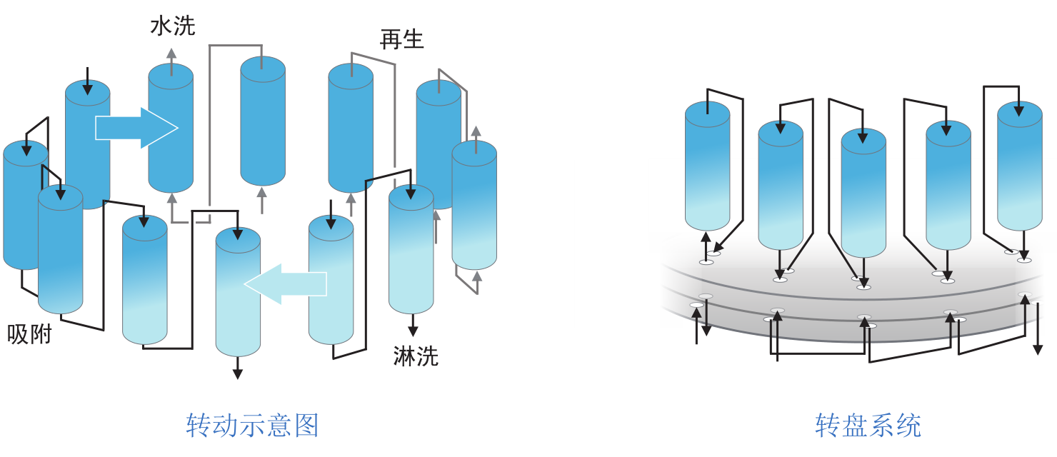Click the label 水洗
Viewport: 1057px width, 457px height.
pos(172,26)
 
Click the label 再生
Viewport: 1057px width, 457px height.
pos(402,39)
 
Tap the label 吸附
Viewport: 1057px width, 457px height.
pos(30,333)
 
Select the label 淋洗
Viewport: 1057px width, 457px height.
pos(416,356)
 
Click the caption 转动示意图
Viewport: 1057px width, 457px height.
pos(252,426)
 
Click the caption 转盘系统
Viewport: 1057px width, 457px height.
pos(868,426)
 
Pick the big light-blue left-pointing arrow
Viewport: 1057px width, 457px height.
pos(285,283)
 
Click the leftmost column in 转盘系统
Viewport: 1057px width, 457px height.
pos(707,166)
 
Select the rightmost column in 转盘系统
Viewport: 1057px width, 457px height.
pos(1019,166)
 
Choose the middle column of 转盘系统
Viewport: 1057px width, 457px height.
pos(863,193)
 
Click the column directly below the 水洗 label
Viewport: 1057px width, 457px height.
pos(171,129)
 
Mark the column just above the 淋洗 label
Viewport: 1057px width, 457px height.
pos(411,250)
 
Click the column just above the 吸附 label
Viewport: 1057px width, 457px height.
pos(60,250)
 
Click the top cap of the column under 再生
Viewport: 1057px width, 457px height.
pos(351,76)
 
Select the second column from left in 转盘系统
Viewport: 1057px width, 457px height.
pos(781,186)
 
